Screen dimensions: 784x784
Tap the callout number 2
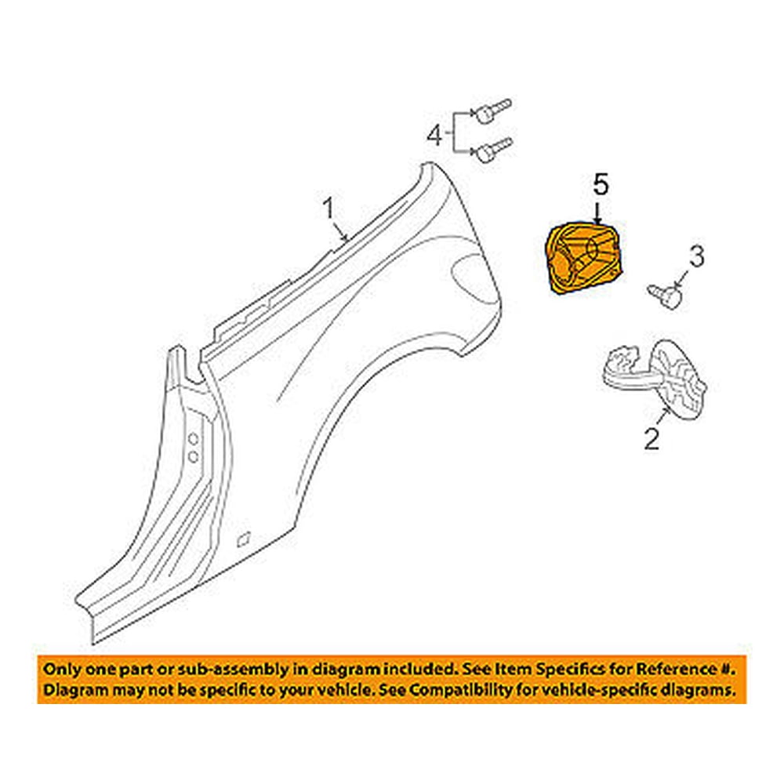pyautogui.click(x=652, y=438)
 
